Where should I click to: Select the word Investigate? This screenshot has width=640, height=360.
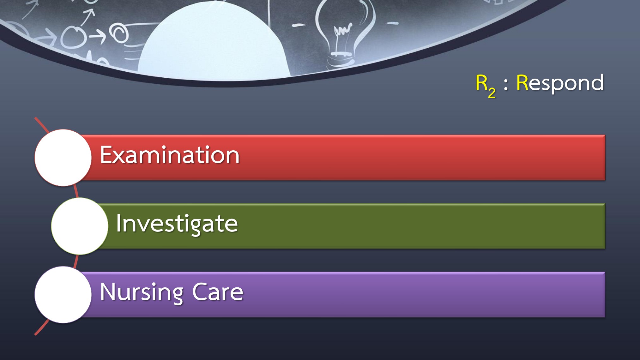pos(177,224)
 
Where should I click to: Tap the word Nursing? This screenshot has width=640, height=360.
pos(141,292)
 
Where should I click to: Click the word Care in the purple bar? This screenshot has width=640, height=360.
pos(218,292)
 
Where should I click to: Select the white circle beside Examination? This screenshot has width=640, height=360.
pos(63,158)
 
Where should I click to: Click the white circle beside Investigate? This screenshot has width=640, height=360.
pos(80,226)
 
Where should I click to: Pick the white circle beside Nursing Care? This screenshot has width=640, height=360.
pos(63,295)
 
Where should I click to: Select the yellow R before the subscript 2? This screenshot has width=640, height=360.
pos(481,83)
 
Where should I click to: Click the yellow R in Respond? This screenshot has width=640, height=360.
pos(522,83)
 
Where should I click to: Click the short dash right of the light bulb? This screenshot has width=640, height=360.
pos(393,23)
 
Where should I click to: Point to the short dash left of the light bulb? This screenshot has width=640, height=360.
pos(298,25)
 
